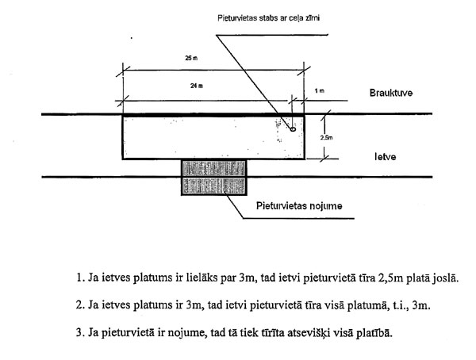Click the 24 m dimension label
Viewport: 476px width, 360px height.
(x=194, y=87)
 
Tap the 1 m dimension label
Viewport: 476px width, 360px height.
(x=319, y=91)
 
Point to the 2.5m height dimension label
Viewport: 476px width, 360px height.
(x=327, y=137)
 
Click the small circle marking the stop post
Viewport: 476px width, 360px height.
(x=294, y=127)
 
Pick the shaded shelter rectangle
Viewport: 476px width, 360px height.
(x=215, y=177)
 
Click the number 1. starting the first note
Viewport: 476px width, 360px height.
(x=81, y=279)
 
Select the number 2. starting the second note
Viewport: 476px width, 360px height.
(x=81, y=305)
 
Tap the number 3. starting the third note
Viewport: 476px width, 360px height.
(x=81, y=331)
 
